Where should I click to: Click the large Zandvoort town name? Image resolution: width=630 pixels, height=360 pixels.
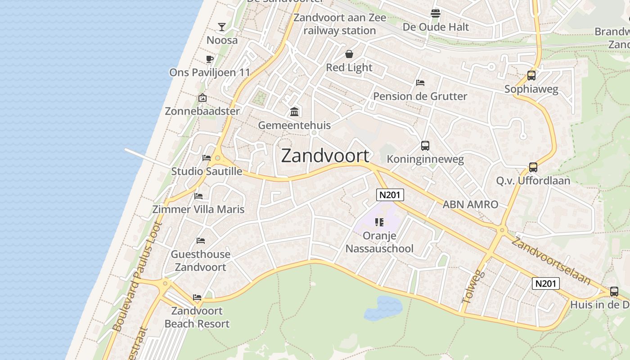(x=325, y=156)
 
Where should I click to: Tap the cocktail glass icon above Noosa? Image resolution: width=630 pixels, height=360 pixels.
(x=222, y=27)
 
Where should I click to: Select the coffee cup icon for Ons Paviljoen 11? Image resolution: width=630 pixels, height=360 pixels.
(x=209, y=59)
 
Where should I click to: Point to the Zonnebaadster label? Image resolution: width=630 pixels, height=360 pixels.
(x=202, y=111)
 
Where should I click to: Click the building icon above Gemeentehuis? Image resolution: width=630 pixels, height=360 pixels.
(x=294, y=111)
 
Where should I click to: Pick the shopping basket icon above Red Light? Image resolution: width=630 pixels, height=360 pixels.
(x=349, y=54)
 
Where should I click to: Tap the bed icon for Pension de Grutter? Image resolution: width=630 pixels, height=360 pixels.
(x=420, y=82)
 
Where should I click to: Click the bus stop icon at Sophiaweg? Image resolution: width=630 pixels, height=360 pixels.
(x=531, y=76)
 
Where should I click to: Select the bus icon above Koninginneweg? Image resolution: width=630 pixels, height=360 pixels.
(x=425, y=146)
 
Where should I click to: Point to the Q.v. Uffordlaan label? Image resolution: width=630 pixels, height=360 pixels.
(x=533, y=180)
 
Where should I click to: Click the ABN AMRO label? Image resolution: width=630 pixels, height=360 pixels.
(x=470, y=204)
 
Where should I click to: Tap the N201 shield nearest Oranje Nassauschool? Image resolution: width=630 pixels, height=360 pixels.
(x=390, y=195)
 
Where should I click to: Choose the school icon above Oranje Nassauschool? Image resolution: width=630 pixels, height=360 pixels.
(x=379, y=222)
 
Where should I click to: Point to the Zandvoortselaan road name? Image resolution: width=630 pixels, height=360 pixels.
(x=551, y=261)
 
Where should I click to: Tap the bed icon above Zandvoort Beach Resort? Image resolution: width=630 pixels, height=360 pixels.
(x=197, y=297)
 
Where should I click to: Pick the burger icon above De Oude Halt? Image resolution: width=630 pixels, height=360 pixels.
(x=435, y=13)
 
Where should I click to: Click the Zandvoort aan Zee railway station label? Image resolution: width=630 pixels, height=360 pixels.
(x=340, y=24)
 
